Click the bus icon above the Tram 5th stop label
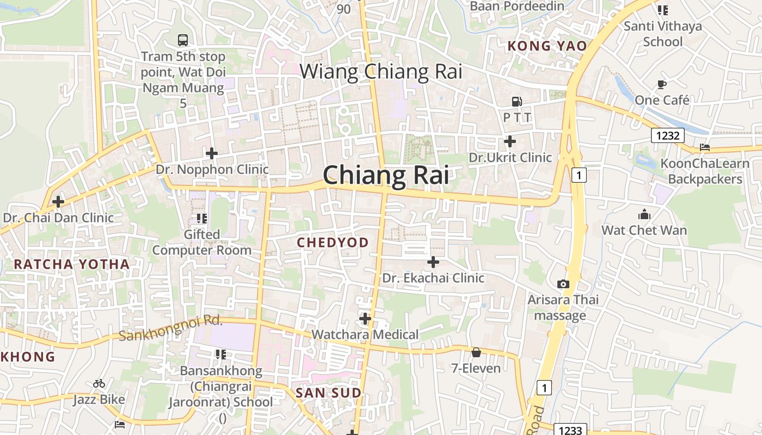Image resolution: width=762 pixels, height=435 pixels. tap(183, 40)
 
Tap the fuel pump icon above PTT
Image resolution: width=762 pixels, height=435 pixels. tap(516, 101)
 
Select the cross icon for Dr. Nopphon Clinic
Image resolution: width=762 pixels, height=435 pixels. tap(212, 153)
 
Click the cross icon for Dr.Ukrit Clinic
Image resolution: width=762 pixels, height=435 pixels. tap(509, 141)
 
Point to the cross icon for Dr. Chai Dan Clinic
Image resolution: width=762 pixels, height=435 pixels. tap(58, 202)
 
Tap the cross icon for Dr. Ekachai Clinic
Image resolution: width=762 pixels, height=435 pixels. tap(433, 262)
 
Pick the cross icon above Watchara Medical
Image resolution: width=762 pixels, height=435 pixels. tap(365, 318)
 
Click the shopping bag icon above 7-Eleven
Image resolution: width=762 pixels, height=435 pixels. tap(476, 352)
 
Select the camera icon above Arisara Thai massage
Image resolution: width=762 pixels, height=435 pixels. tap(563, 284)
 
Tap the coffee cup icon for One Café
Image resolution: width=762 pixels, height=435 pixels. tap(661, 84)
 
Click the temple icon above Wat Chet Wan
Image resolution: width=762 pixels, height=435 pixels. tap(644, 214)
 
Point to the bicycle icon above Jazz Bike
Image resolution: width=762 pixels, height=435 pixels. tap(99, 383)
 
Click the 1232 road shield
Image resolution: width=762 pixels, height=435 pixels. tap(667, 135)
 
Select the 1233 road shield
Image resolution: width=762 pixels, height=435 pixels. tap(570, 430)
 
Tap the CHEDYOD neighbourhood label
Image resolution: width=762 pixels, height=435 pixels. tap(333, 243)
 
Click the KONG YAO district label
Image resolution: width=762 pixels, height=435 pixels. tap(547, 46)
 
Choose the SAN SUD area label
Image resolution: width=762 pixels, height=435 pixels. tap(328, 393)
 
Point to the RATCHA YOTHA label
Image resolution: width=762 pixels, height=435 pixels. tap(72, 264)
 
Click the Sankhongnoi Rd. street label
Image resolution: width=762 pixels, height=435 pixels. tap(170, 328)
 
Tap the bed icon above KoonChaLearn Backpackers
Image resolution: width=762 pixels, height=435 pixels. tap(705, 147)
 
